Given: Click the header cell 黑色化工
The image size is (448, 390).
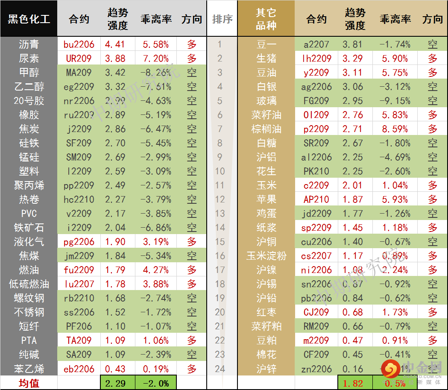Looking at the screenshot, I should click(29, 19).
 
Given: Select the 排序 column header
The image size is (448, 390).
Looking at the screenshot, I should click(222, 19).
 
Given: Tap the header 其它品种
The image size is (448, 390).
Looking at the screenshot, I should click(266, 19).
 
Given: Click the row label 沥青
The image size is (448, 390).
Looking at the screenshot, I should click(29, 44).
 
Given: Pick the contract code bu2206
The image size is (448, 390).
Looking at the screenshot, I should click(79, 44).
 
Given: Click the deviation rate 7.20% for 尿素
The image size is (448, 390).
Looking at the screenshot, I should click(156, 59).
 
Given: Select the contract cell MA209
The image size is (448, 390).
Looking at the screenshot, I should click(79, 73).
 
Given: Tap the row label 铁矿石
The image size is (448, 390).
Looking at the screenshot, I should click(29, 228).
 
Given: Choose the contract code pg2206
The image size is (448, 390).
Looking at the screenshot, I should click(79, 242).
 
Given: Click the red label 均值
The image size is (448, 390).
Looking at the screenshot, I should click(29, 383).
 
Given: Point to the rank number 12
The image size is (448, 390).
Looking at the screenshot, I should click(220, 199).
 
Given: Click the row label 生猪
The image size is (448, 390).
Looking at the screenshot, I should click(266, 59).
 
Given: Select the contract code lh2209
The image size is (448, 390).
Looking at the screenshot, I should click(316, 59).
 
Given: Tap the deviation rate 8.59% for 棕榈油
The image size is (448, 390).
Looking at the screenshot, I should click(395, 129).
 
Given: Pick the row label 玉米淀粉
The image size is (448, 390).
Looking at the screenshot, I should click(266, 256).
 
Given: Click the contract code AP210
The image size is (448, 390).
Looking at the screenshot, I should click(316, 199).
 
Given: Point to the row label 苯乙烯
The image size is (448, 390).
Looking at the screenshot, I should click(29, 369).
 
